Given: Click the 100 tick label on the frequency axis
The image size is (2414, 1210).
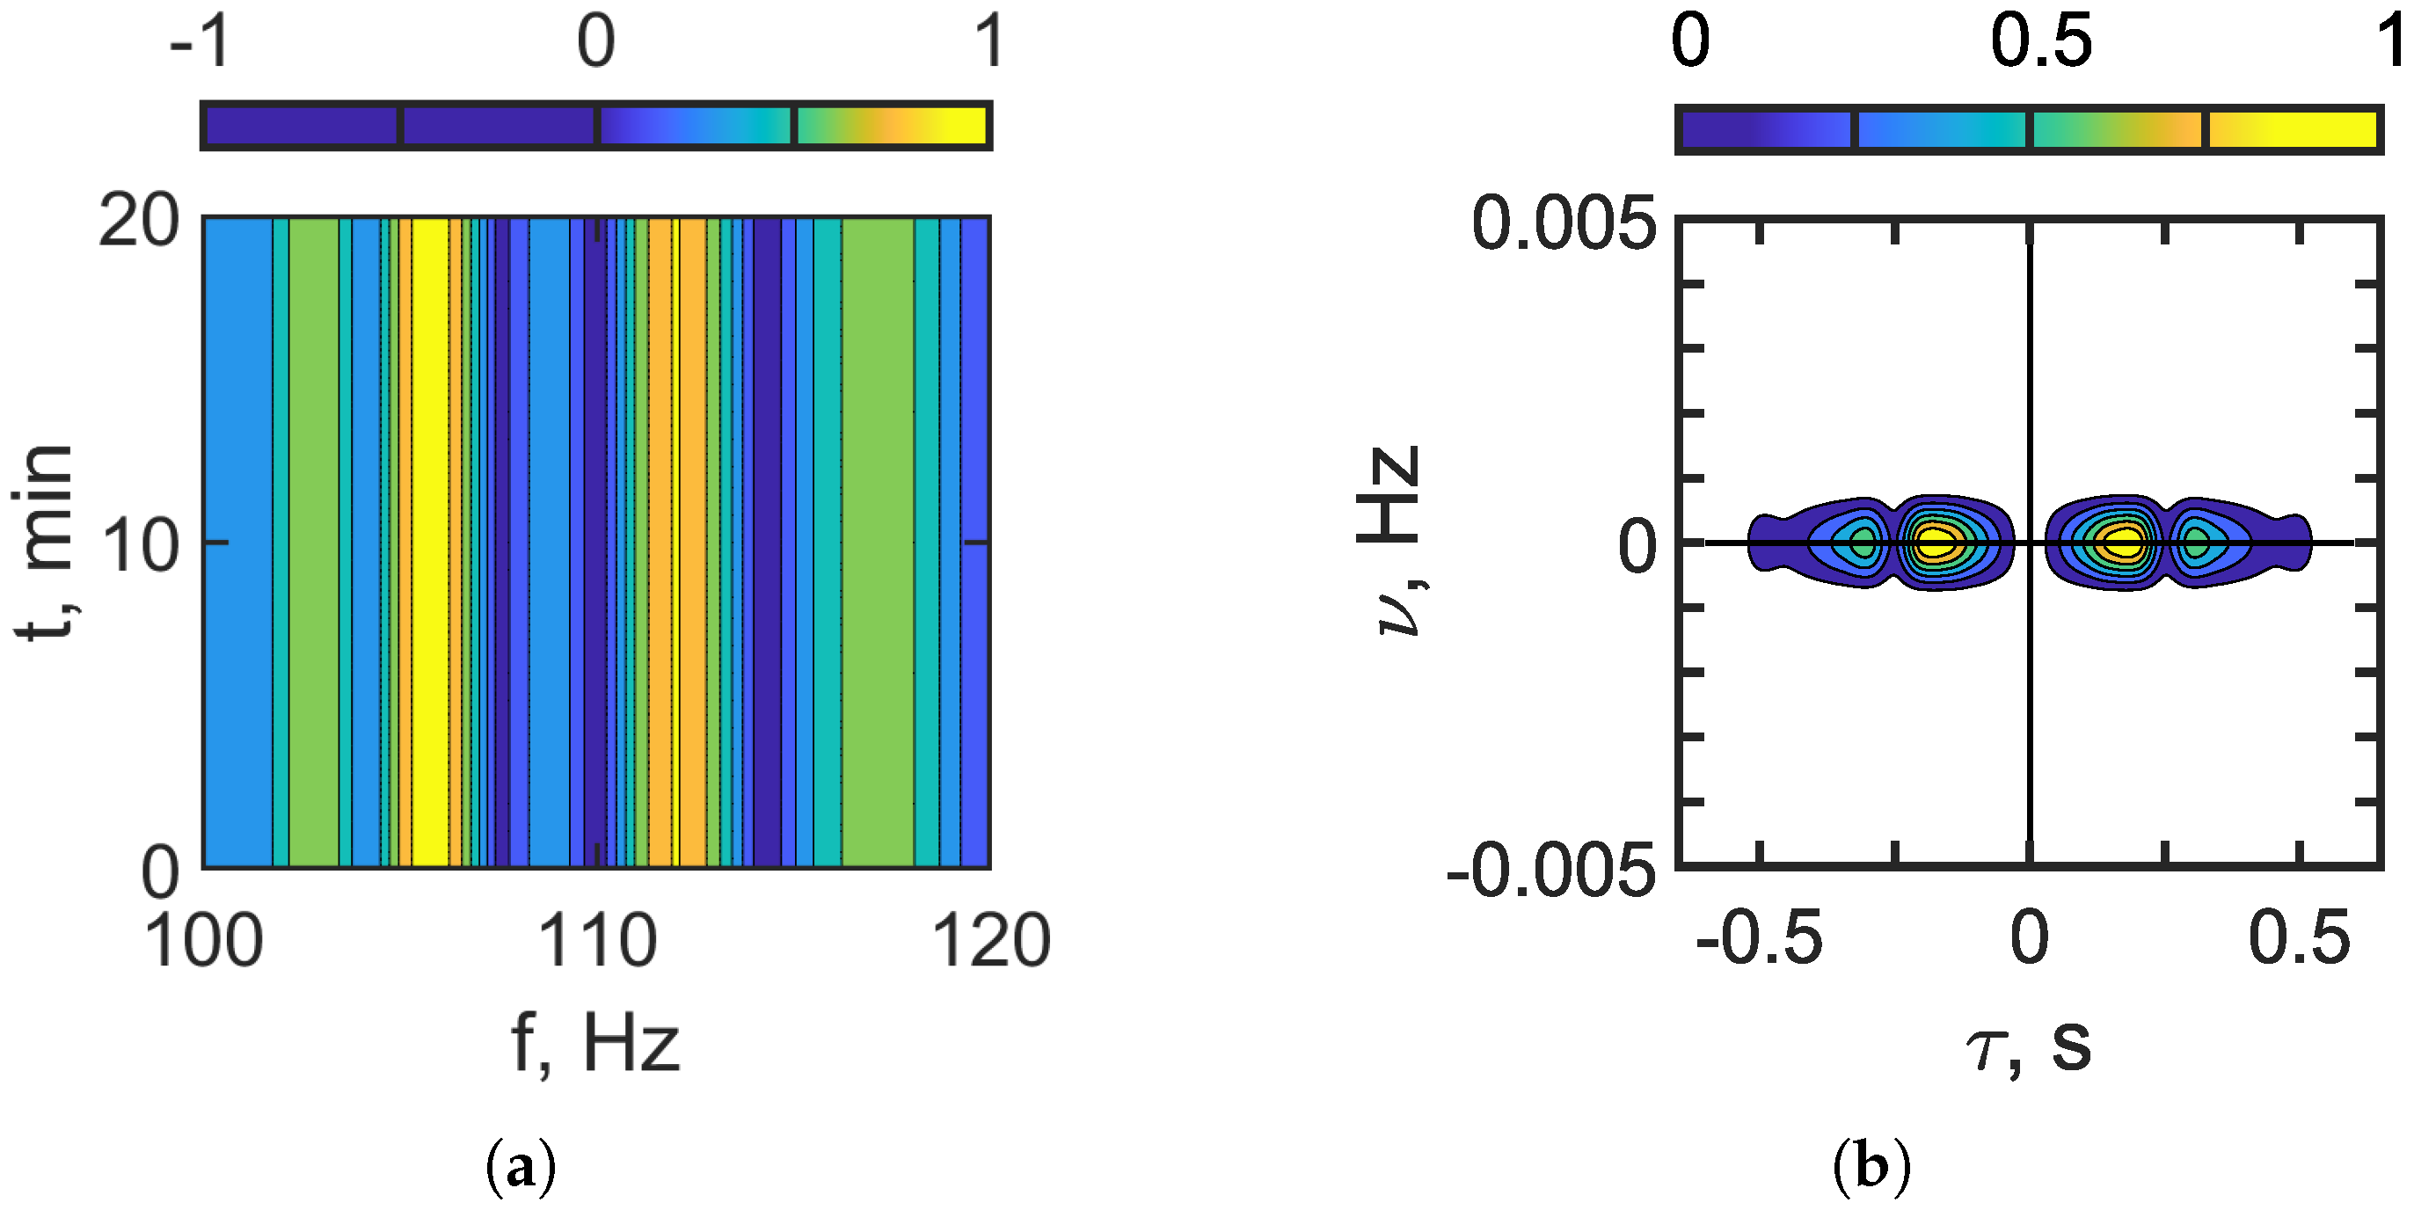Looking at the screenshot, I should (x=203, y=942).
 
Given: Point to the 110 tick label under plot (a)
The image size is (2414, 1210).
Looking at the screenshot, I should (x=597, y=942).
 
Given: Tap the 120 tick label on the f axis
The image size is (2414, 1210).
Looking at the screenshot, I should (x=990, y=942).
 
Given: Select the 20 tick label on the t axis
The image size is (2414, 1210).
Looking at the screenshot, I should (x=139, y=223).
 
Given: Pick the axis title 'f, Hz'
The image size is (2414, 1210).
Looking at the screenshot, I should (x=595, y=1044).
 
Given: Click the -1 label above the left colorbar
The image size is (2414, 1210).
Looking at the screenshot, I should (x=200, y=42).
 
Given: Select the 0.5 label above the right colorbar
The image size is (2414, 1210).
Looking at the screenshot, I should (x=2040, y=42).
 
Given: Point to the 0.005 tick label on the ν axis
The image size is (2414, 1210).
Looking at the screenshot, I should (x=1563, y=225).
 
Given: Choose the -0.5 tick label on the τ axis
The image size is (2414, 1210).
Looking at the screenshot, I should (x=1759, y=939).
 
